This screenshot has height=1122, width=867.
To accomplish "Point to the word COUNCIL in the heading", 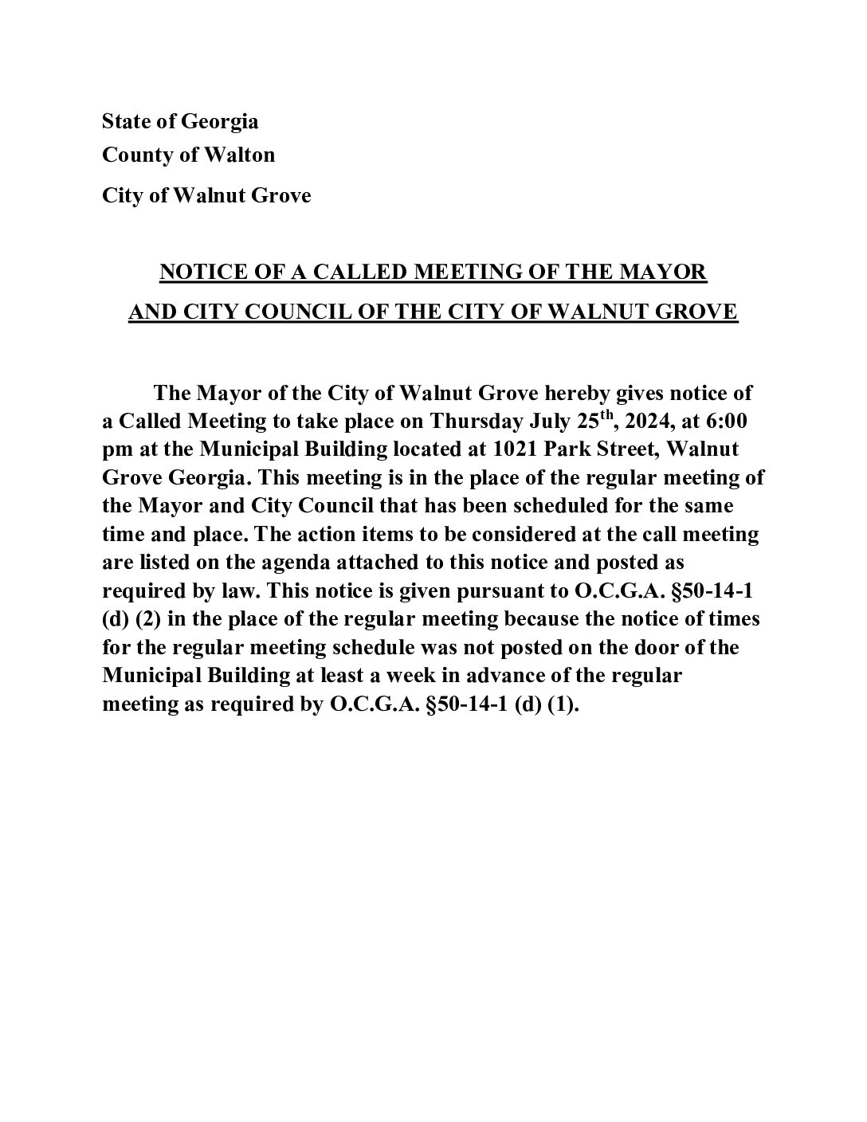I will point(286,311).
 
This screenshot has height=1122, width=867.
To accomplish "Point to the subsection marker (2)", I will point(149,619).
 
